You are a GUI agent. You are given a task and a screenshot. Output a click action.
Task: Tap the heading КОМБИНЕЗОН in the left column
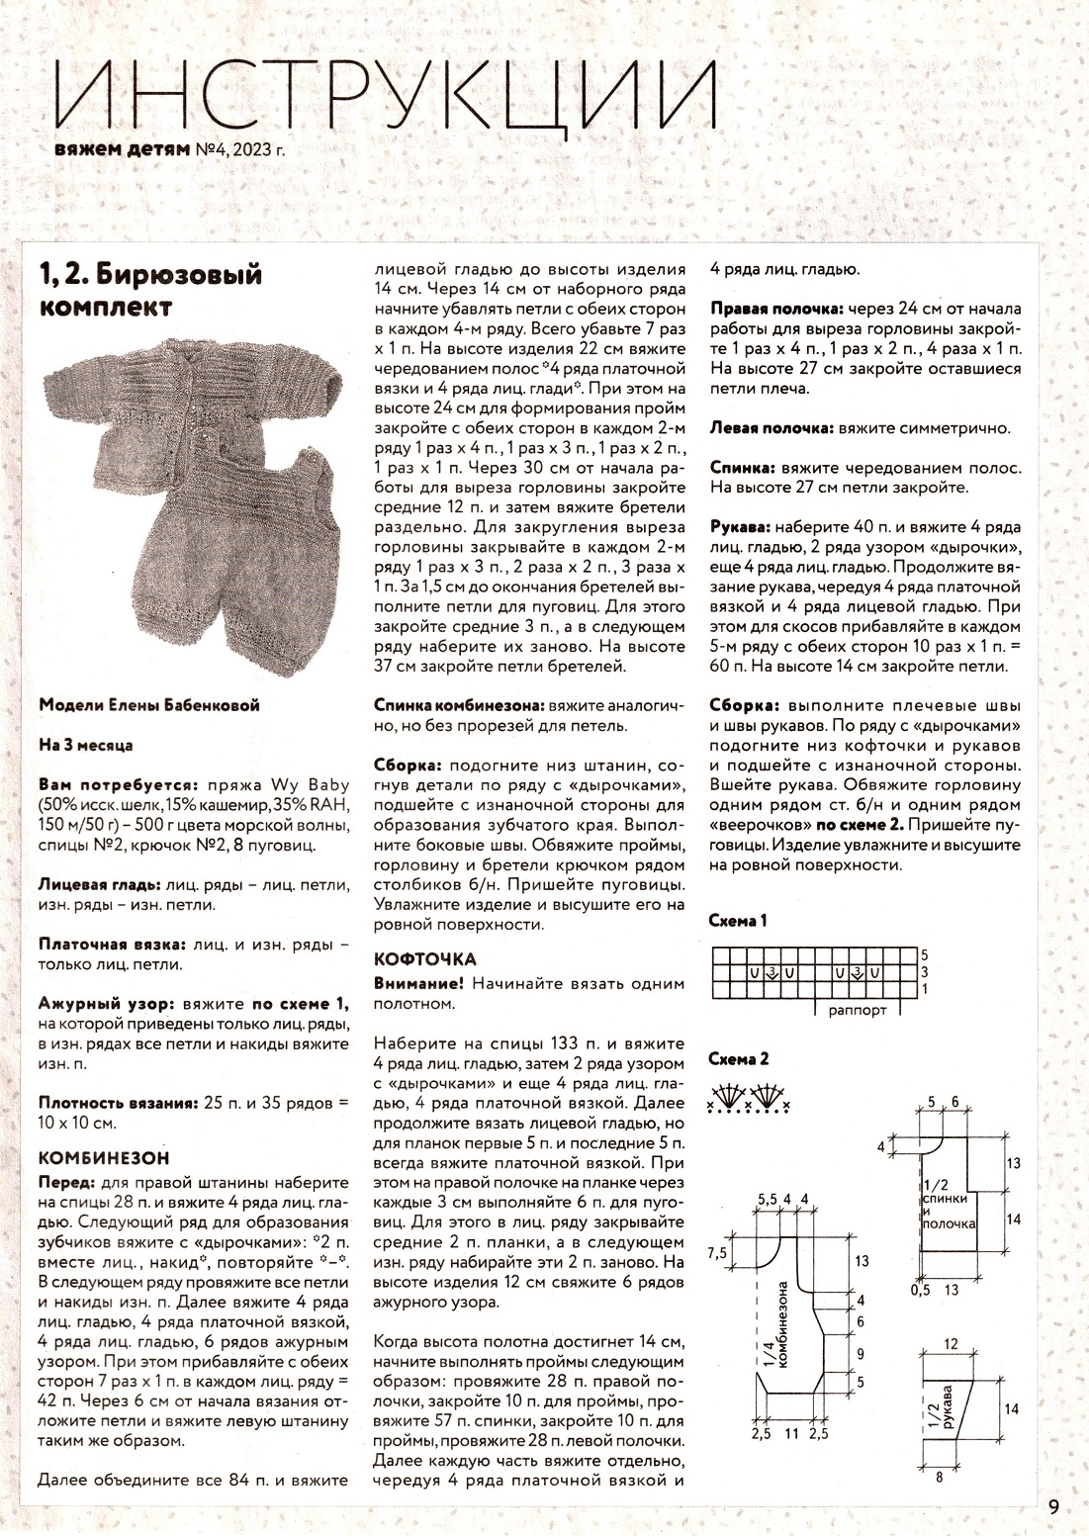pos(103,1157)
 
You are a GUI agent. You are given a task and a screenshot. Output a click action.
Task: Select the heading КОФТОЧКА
pos(425,958)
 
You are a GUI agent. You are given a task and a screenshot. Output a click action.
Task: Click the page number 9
pos(1054,1507)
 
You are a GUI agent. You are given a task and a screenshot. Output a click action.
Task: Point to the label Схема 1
pos(738,921)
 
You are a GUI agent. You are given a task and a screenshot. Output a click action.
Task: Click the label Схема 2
pos(739,1059)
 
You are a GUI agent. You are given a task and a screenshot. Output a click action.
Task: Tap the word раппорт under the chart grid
pos(858,1011)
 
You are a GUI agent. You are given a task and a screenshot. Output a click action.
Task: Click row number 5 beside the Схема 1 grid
pos(924,955)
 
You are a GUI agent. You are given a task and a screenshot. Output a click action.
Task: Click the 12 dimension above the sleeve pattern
pos(952,1344)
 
